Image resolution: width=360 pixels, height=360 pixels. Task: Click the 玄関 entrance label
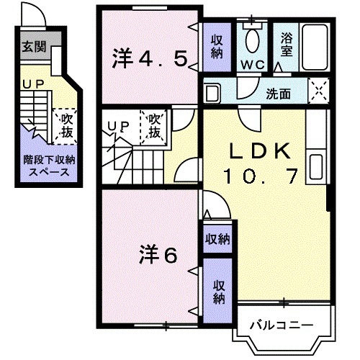32,48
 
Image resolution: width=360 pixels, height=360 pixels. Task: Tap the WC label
253,64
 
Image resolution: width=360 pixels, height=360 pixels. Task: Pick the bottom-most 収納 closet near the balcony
217,290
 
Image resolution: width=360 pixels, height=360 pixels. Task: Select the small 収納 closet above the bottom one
217,238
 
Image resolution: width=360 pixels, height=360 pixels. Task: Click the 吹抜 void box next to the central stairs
156,126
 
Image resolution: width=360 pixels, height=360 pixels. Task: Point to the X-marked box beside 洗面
318,91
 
